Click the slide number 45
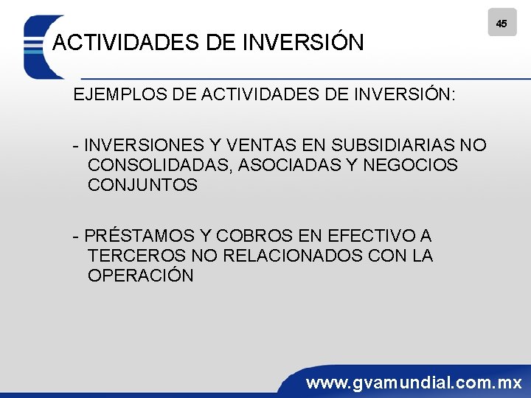(x=502, y=24)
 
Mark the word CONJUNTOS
(x=142, y=185)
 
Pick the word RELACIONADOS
(x=289, y=256)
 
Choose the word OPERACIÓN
(x=140, y=276)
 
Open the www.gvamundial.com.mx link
(x=414, y=383)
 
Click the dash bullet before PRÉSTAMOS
(x=76, y=236)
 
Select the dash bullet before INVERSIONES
(x=76, y=145)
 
